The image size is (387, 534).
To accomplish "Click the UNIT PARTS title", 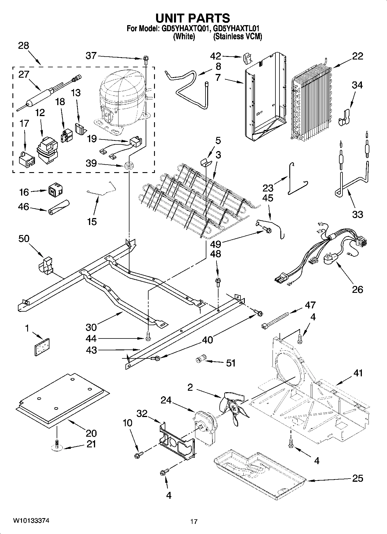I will click(193, 18).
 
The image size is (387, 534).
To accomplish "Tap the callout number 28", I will click(24, 46).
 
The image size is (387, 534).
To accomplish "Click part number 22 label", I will click(358, 56).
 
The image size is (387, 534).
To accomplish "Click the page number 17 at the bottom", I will click(194, 522).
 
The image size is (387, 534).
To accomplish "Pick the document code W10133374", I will click(31, 521).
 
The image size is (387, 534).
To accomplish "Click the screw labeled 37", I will click(145, 61).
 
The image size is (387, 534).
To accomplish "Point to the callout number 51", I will click(230, 363).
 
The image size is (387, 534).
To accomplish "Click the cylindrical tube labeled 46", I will click(59, 207).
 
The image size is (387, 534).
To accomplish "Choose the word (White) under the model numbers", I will click(184, 37).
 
